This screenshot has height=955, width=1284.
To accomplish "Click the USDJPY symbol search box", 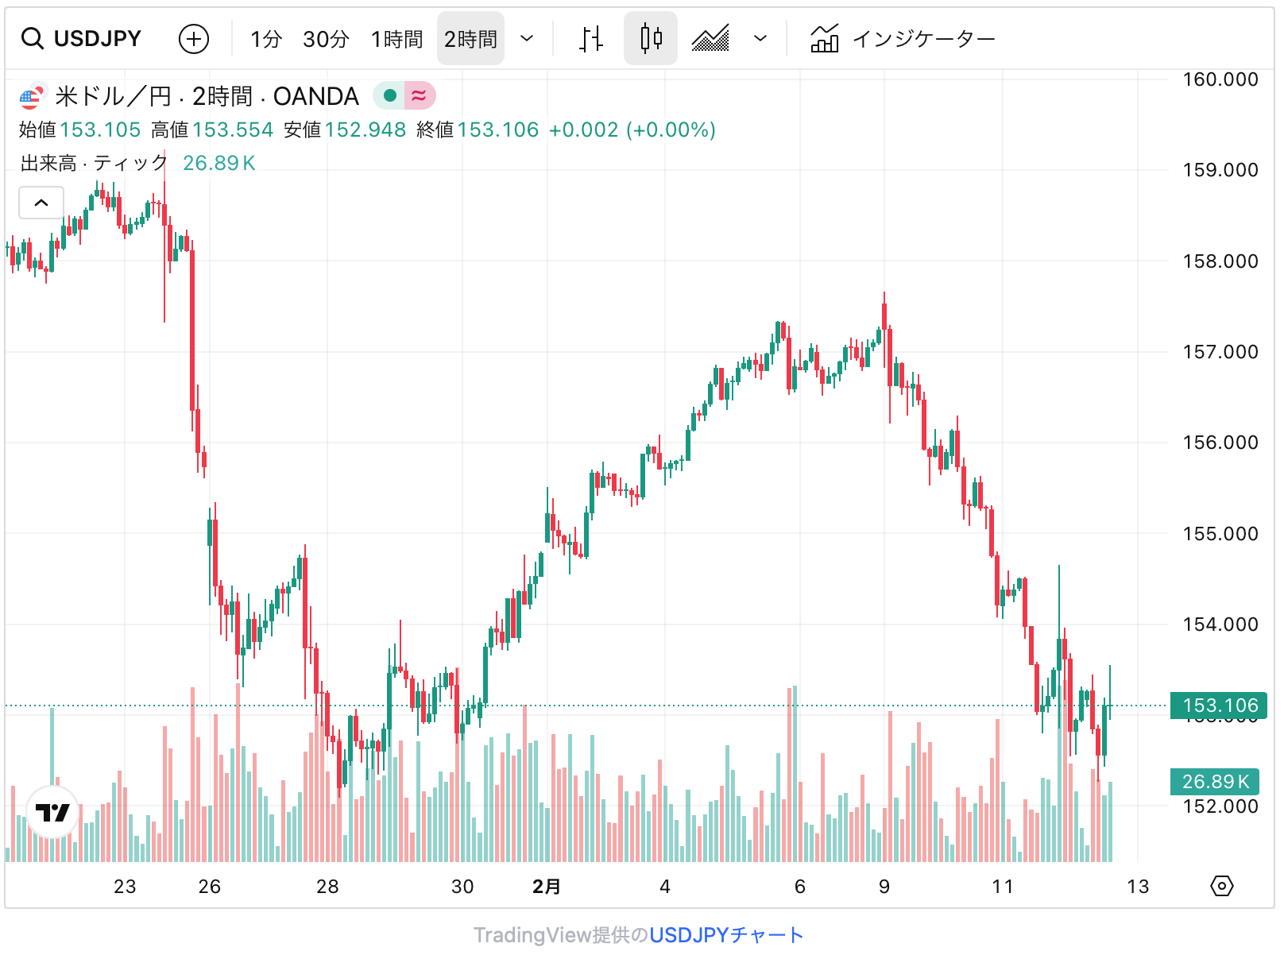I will [82, 38].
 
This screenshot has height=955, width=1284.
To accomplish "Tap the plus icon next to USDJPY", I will [194, 38].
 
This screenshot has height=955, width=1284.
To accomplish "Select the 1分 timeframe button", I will [266, 38].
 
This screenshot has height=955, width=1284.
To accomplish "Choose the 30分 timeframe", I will [326, 38].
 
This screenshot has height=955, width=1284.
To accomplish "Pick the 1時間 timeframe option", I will [396, 38].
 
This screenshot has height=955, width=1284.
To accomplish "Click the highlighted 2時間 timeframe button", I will [470, 38].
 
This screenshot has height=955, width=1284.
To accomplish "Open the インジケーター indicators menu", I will [903, 38].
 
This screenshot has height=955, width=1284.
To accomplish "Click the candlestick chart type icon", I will [651, 38].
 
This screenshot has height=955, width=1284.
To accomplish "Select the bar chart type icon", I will [590, 38].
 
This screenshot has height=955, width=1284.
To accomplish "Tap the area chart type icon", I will [710, 38].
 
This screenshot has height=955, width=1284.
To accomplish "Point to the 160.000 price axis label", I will [1220, 79].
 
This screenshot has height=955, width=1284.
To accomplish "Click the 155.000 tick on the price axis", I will [1220, 534].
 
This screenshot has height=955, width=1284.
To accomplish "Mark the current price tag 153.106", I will [1219, 706].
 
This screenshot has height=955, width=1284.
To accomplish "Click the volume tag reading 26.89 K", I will [1215, 782].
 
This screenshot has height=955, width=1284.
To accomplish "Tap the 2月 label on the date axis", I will [547, 887].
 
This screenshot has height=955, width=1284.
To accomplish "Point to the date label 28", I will [327, 887].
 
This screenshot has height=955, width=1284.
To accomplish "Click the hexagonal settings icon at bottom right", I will [1221, 886].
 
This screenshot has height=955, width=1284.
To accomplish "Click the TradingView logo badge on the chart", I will [52, 812].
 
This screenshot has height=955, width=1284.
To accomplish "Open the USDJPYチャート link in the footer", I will [726, 935].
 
